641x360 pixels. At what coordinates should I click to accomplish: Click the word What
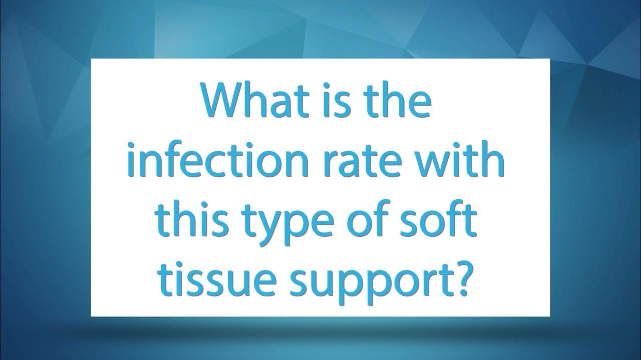256,100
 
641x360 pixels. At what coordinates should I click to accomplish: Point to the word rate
362,162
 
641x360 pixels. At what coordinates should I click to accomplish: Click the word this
193,218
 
